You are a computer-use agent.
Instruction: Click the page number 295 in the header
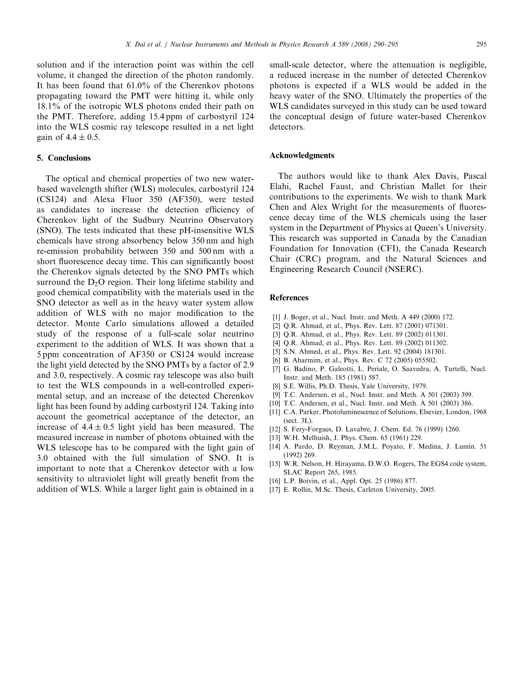(481, 45)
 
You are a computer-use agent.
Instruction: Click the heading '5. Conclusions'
(64, 158)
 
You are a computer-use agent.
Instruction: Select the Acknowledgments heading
(302, 156)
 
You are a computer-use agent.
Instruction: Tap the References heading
(289, 298)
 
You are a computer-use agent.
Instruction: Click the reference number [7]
(276, 369)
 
